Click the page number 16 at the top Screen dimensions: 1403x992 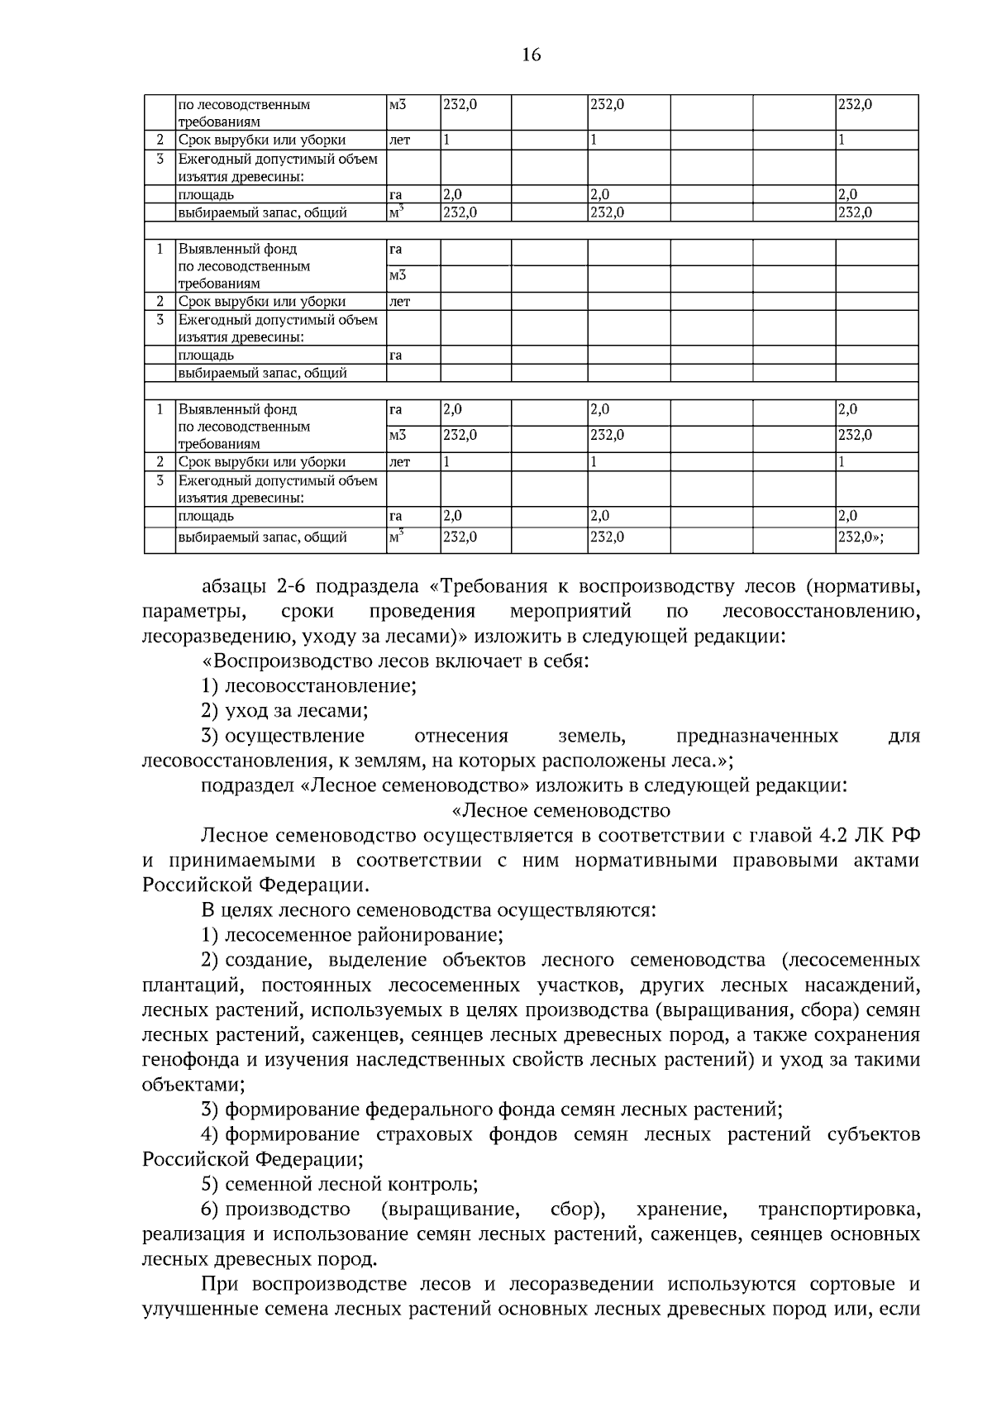[531, 55]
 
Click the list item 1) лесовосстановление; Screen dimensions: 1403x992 [308, 686]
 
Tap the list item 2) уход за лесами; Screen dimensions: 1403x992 [284, 711]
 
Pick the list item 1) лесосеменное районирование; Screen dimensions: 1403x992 [352, 935]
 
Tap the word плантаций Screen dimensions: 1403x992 [191, 985]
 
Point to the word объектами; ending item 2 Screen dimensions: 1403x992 [193, 1085]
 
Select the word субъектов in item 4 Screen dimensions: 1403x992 [874, 1134]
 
